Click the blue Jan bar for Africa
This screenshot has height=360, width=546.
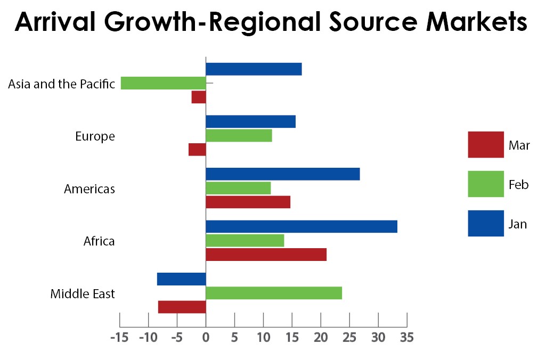(x=301, y=226)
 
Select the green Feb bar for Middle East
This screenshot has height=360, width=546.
(x=274, y=293)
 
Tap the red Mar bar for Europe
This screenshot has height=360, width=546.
(x=197, y=150)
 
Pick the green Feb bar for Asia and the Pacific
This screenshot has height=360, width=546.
(x=163, y=83)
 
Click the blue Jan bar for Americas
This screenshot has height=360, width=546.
(x=282, y=174)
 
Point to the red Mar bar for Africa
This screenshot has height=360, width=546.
(x=266, y=255)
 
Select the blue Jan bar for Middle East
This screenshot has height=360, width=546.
(x=181, y=279)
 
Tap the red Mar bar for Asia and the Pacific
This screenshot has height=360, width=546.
(x=199, y=97)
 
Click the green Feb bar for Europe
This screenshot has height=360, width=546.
(x=239, y=136)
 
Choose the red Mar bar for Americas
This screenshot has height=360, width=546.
(x=248, y=202)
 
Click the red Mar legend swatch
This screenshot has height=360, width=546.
(x=485, y=145)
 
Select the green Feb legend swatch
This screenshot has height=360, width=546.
(x=485, y=184)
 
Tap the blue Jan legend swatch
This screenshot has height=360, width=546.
(x=485, y=224)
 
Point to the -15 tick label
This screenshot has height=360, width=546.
(x=118, y=338)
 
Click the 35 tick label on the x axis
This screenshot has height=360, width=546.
(x=406, y=338)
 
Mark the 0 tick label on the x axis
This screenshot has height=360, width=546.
(x=206, y=338)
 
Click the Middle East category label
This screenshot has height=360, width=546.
(x=83, y=294)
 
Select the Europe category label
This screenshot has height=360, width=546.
(x=95, y=136)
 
